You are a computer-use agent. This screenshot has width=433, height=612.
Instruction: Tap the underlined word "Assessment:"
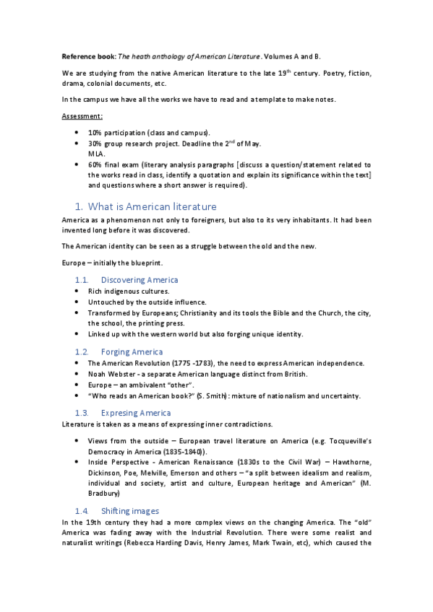pos(82,115)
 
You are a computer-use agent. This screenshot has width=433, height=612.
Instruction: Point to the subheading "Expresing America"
pos(136,413)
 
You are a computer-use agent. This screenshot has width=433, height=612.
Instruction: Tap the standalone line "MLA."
pos(97,154)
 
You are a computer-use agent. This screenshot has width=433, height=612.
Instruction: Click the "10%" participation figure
pos(95,133)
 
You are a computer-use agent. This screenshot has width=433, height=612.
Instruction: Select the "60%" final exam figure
pos(95,165)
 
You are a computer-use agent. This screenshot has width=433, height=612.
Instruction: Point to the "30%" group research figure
pos(95,144)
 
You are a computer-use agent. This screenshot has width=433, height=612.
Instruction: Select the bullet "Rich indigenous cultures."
pos(129,291)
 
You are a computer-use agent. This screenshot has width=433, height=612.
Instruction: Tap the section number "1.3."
pos(82,413)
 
